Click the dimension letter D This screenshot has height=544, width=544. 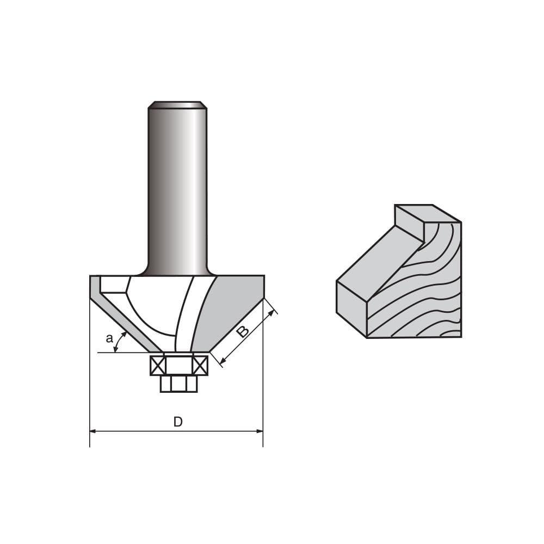click(x=178, y=422)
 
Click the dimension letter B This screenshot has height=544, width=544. click(x=243, y=331)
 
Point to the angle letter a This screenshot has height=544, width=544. click(x=109, y=339)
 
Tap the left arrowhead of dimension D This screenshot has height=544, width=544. click(x=93, y=431)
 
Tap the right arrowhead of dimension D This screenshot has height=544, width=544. click(x=259, y=431)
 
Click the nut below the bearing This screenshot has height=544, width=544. click(x=178, y=384)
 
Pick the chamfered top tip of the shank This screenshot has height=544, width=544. click(x=177, y=104)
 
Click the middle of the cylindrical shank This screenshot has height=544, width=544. click(x=177, y=190)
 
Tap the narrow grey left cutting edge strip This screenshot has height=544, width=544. click(x=122, y=316)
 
